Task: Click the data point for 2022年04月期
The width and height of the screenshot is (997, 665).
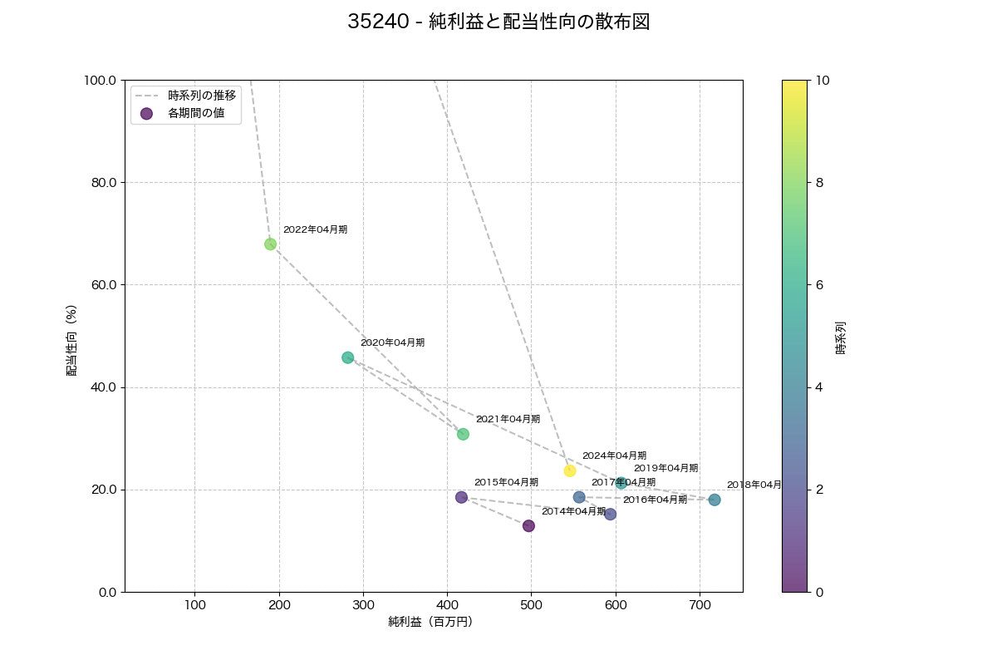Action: [270, 244]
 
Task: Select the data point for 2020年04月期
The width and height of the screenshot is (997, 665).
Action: [347, 357]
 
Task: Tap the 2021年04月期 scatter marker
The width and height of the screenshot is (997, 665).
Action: [463, 434]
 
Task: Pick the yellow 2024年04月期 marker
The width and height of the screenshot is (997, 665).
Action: [570, 470]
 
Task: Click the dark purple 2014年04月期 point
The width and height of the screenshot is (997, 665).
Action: [528, 525]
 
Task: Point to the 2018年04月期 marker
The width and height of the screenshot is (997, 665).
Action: [715, 500]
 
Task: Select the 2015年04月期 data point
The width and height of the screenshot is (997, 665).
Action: [461, 497]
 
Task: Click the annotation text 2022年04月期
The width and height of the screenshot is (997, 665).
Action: [315, 229]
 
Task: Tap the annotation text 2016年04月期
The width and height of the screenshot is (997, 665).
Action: [655, 500]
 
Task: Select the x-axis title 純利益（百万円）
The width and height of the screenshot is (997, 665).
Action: [430, 622]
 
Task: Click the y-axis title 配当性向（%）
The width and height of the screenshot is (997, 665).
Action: [72, 341]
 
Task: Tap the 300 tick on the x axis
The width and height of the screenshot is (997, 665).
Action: [363, 604]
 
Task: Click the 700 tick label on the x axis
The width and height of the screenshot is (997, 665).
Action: [700, 604]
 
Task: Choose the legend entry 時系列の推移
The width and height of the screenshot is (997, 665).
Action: [202, 96]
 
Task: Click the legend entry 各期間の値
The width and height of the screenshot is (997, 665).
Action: [196, 114]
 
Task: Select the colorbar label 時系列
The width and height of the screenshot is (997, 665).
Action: [841, 337]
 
